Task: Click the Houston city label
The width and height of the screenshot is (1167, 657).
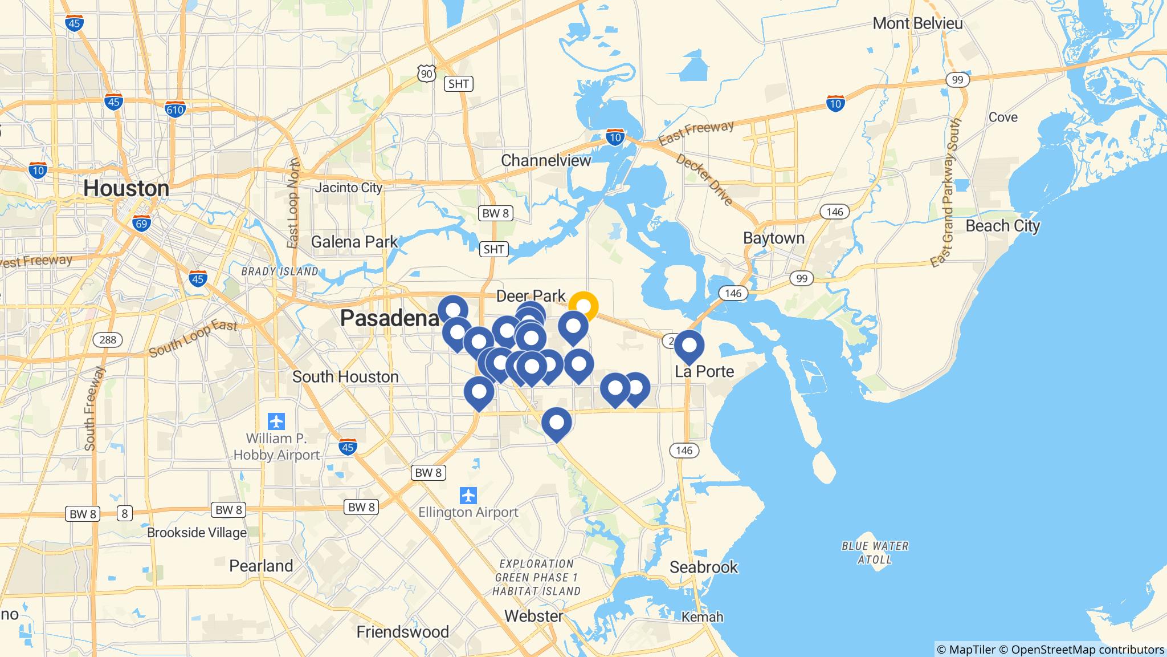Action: tap(126, 188)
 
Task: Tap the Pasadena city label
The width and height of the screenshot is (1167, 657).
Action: tap(390, 318)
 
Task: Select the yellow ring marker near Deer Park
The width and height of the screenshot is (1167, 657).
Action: tap(583, 306)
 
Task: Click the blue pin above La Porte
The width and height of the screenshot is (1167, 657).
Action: tap(689, 345)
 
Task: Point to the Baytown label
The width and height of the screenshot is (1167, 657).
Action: tap(774, 238)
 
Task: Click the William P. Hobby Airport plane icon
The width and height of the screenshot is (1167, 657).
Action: tap(276, 422)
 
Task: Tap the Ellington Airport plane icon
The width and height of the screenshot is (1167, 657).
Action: tap(468, 495)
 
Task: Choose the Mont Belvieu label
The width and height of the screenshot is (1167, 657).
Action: tap(917, 23)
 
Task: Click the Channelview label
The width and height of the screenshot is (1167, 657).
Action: tap(546, 160)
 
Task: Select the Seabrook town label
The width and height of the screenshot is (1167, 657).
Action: tap(704, 567)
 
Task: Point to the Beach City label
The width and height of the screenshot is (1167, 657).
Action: tap(1002, 226)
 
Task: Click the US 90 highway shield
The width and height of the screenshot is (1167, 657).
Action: tap(426, 72)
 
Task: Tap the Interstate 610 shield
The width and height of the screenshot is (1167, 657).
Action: tap(175, 108)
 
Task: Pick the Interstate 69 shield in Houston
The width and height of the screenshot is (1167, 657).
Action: tap(141, 223)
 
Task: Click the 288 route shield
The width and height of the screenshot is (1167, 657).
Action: tap(107, 340)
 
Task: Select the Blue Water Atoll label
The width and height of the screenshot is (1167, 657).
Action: tap(875, 553)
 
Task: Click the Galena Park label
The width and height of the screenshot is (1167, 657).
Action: tap(354, 242)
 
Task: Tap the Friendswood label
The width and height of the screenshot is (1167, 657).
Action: tap(402, 631)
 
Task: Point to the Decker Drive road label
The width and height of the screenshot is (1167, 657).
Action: tap(704, 179)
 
